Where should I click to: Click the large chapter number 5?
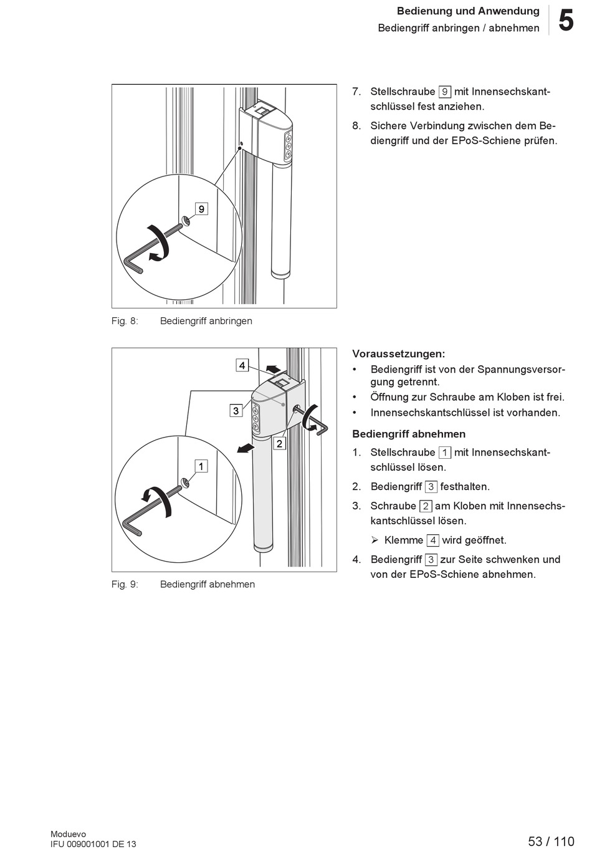tap(566, 21)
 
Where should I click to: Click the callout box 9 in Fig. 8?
tap(201, 209)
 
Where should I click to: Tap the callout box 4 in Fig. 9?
tap(242, 365)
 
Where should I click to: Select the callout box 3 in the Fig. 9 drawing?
tap(236, 410)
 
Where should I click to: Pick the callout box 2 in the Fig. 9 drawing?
tap(279, 443)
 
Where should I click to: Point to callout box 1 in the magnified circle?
tap(201, 466)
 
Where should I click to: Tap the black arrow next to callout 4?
tap(272, 368)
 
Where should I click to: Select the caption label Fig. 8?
tap(125, 321)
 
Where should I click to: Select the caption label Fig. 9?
tap(125, 584)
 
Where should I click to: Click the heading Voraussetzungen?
tap(398, 353)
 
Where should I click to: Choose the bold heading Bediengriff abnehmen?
tap(409, 434)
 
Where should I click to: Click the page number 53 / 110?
tap(551, 842)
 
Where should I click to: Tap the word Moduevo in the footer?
tap(69, 834)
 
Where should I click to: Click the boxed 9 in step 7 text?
tap(444, 92)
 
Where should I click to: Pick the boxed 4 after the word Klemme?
tap(432, 540)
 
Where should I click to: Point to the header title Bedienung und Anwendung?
tap(468, 11)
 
